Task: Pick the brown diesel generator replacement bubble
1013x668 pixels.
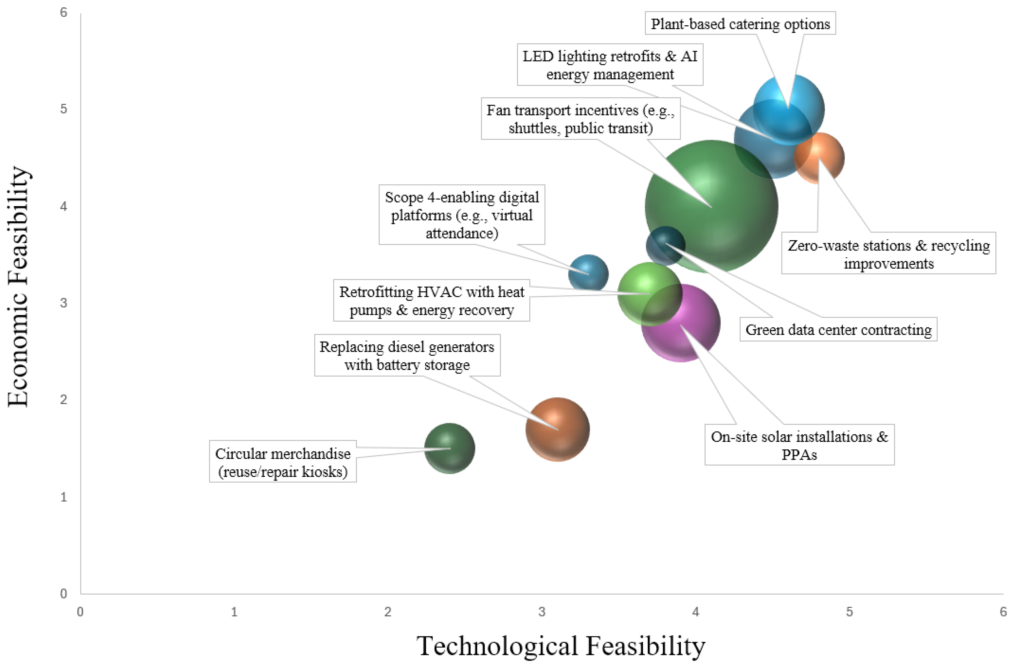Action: [x=557, y=429]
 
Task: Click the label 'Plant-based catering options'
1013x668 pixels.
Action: [x=740, y=24]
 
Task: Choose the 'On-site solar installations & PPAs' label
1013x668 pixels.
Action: [x=799, y=445]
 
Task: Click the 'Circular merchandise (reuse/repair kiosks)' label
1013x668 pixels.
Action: [x=283, y=462]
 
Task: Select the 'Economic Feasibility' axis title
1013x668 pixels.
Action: [x=18, y=286]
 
